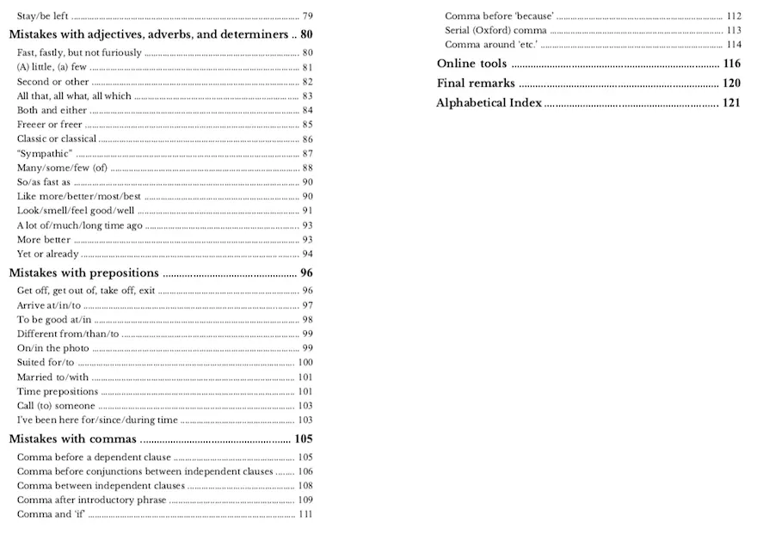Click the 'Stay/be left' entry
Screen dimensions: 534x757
[43, 16]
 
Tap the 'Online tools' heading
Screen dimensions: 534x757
[471, 64]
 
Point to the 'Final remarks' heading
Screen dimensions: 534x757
[476, 83]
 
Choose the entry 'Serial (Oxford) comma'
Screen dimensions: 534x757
[495, 30]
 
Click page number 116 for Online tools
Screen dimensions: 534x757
[731, 64]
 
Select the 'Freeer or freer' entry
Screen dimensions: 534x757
[49, 125]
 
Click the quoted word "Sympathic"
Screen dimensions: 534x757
[44, 153]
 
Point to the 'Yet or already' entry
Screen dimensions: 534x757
[48, 254]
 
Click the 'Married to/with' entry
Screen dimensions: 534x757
[52, 377]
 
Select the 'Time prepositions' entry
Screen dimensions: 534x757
[58, 391]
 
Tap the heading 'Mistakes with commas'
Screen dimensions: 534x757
[72, 439]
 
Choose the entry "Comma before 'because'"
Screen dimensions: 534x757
[499, 16]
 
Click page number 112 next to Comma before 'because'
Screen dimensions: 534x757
[733, 16]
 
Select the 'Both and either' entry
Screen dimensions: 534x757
[52, 110]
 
